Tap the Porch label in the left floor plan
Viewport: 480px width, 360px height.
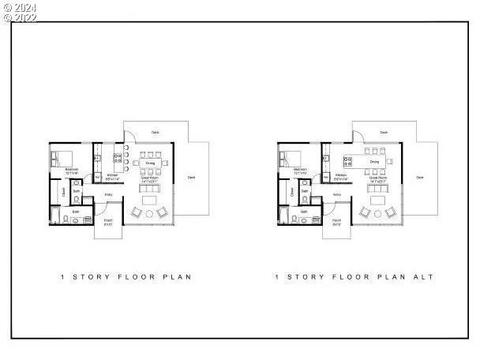tap(109, 220)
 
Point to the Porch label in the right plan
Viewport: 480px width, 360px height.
tap(336, 220)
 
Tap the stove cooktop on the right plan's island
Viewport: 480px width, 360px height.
tap(347, 159)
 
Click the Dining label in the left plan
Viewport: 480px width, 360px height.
tap(150, 163)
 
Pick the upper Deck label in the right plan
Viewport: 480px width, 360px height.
tap(384, 133)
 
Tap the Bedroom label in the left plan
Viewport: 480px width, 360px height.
tap(70, 169)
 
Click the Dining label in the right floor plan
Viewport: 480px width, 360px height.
tap(375, 159)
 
